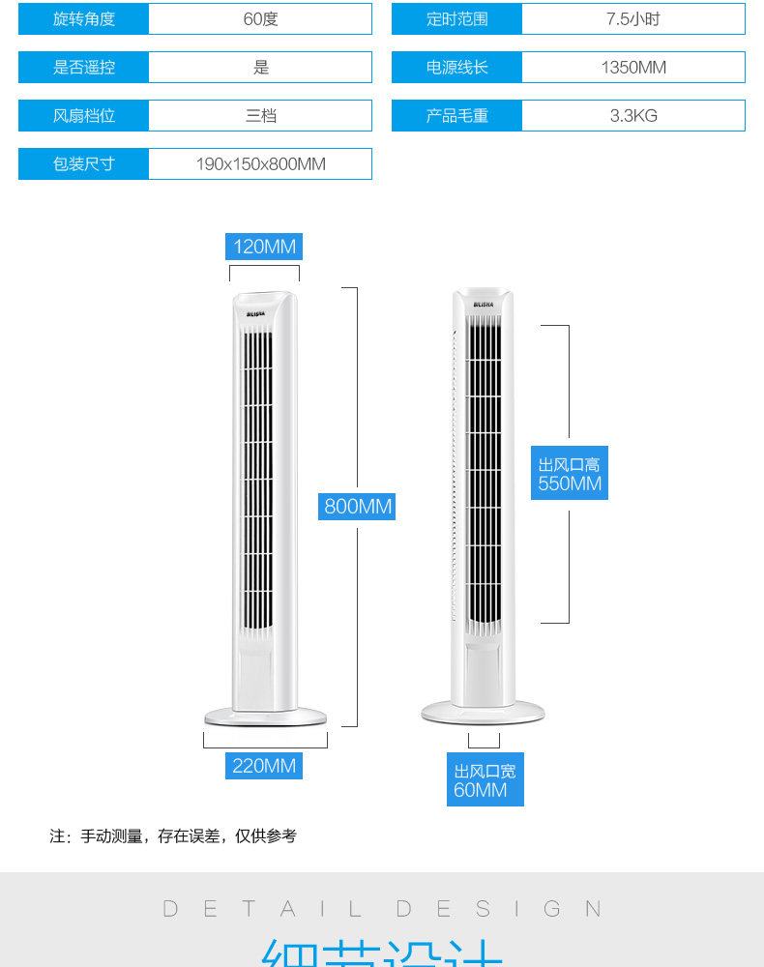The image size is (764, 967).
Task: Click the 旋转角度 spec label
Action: click(84, 19)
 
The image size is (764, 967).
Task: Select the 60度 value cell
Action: click(260, 19)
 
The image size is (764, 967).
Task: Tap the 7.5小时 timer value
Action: click(633, 19)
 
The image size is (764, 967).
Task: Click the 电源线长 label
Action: click(457, 68)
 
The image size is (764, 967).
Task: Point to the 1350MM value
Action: click(633, 68)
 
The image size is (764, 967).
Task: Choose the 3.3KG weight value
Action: click(633, 116)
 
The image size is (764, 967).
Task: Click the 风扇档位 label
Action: click(84, 116)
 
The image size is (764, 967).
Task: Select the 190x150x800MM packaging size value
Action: click(260, 164)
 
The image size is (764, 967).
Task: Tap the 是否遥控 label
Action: click(84, 68)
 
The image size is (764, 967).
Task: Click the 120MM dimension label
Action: click(264, 247)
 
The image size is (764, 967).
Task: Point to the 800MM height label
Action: click(358, 506)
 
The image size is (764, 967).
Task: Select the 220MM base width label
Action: click(264, 766)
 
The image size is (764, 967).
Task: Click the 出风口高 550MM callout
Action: click(570, 474)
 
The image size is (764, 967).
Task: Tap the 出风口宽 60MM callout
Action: click(485, 780)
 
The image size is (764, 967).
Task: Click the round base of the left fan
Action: click(265, 717)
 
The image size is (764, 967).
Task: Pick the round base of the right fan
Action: click(483, 713)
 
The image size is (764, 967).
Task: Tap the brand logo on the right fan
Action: click(484, 305)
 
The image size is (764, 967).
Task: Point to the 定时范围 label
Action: click(457, 19)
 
